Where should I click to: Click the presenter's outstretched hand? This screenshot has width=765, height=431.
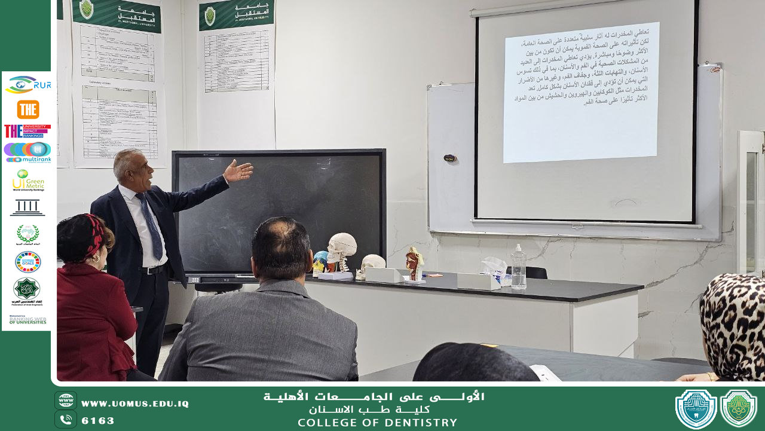point(238,171)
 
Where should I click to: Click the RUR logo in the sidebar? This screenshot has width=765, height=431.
point(27,85)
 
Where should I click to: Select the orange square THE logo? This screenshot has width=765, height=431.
point(27,109)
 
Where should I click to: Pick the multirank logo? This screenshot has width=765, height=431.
point(27,152)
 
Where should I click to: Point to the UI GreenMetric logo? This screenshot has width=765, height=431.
point(27,180)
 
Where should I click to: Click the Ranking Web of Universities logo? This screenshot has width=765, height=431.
point(27,320)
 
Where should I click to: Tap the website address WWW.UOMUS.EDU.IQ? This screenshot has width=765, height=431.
point(134,404)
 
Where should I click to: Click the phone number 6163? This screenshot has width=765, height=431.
point(97,420)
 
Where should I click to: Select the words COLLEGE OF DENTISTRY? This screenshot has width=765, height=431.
point(377,423)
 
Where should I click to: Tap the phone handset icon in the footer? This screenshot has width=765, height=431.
point(66,419)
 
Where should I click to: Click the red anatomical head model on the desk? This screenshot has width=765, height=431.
point(414,264)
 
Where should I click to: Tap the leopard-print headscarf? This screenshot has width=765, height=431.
point(735,323)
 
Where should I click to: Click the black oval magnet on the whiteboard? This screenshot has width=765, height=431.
point(449,158)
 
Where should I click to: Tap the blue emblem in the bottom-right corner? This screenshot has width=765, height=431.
point(696,409)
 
